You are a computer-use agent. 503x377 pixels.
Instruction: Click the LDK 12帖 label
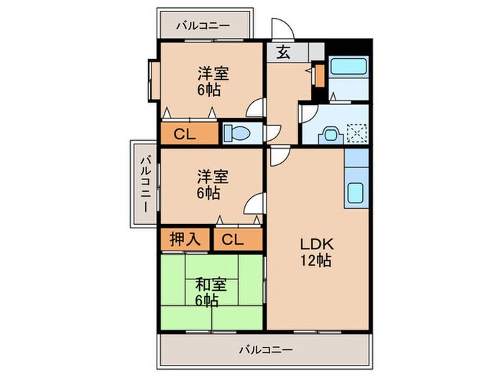tap(316, 252)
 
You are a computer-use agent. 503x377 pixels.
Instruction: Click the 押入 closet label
tap(185, 239)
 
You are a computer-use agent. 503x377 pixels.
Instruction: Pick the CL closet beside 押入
tap(231, 239)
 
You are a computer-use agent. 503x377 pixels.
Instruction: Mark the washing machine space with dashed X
tap(356, 133)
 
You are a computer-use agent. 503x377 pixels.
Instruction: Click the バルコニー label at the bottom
tap(266, 350)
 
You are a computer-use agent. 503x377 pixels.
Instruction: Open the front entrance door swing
tap(282, 29)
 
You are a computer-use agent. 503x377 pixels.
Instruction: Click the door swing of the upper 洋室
tap(254, 108)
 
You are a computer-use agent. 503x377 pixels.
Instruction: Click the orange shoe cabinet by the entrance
tap(317, 75)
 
